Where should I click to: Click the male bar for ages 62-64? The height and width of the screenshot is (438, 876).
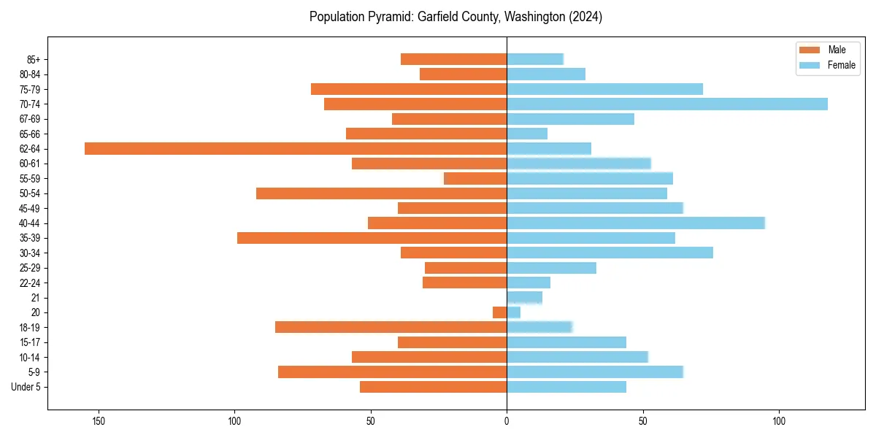296,148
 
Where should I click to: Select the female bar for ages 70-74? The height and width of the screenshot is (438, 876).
667,104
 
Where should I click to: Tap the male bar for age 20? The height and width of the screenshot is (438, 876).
500,312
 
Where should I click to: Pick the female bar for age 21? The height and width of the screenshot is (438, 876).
524,297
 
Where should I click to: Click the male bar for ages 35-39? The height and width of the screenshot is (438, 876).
372,238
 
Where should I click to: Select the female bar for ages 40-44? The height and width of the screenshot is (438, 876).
636,223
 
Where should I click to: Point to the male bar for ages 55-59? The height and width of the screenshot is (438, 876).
475,178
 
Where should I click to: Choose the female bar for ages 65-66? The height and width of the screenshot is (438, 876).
527,134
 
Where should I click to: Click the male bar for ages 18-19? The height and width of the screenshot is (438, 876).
391,327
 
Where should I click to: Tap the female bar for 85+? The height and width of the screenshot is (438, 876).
535,59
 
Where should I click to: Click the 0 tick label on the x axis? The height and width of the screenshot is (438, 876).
507,421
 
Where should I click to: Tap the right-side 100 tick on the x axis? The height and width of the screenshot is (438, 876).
779,421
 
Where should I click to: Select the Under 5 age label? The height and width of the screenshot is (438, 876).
26,387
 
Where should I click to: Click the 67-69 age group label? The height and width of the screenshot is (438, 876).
29,119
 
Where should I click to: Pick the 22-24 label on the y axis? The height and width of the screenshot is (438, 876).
29,283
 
